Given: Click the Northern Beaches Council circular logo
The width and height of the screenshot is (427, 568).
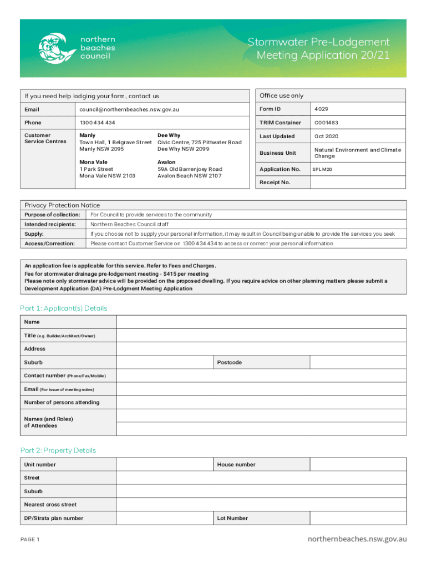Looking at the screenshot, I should coord(56,48).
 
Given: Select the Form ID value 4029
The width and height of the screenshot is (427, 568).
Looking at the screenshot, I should coord(322,109).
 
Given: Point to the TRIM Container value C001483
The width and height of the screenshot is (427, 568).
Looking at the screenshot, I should coord(327,123).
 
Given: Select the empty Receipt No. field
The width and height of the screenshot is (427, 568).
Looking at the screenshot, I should coord(358,182).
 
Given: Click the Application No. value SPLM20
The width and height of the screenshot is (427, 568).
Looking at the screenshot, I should coord(322,169).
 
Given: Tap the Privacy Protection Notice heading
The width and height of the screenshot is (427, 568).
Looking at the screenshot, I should coord(62,205).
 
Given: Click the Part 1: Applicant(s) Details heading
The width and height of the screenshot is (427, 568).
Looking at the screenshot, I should coord(64,308).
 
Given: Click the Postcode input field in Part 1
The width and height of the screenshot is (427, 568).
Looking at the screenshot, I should coord(358,362).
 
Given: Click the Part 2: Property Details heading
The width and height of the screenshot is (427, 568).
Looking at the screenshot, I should coord(58,450).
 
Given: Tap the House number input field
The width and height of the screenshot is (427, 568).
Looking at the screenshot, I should coord(358,465).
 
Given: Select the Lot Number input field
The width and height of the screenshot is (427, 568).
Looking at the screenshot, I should coord(358,518).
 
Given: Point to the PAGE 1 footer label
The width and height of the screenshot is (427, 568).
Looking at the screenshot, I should coord(30,539).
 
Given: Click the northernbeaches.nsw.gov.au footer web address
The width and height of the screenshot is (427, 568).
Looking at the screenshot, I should coord(357,539).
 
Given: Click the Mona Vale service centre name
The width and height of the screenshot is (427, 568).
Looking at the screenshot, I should coord(94,163).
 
